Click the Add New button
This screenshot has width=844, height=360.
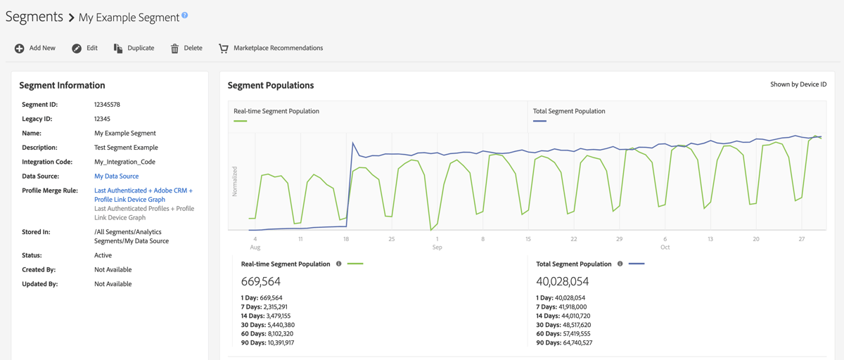(35, 48)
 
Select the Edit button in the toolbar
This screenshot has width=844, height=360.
(84, 48)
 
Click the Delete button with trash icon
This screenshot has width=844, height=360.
(186, 48)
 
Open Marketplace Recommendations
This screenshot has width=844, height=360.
(271, 48)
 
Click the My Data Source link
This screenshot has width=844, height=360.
(116, 176)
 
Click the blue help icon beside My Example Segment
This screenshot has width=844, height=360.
(185, 15)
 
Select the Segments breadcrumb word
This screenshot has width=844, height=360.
(34, 16)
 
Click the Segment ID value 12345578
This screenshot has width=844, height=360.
(107, 105)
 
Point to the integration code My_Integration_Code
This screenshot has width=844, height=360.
(124, 162)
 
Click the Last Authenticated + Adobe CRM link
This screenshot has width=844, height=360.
(143, 191)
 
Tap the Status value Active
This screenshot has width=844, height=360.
(103, 255)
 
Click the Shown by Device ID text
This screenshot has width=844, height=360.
(798, 84)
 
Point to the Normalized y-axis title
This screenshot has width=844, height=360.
(235, 181)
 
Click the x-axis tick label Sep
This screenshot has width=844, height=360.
(437, 247)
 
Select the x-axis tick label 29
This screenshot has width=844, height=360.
(619, 239)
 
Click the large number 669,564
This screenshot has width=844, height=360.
(261, 281)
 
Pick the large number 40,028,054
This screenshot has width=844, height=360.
(562, 281)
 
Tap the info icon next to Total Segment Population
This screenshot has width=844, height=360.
(620, 264)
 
